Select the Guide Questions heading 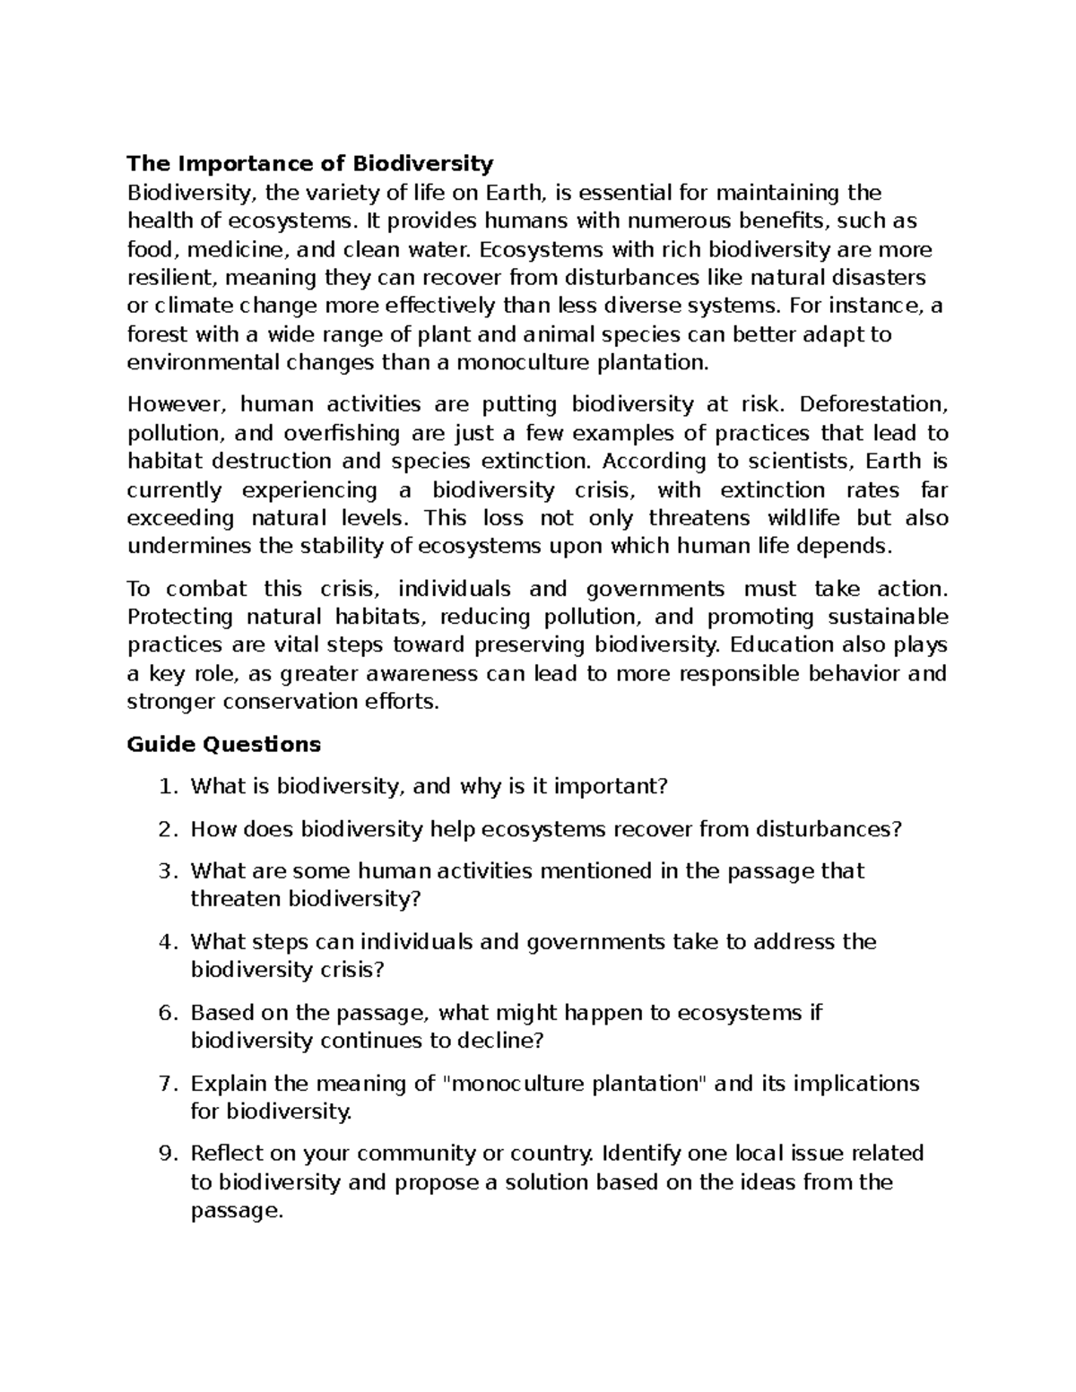point(223,744)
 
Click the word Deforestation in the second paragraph point(872,404)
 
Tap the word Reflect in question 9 point(225,1154)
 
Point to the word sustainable point(887,617)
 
